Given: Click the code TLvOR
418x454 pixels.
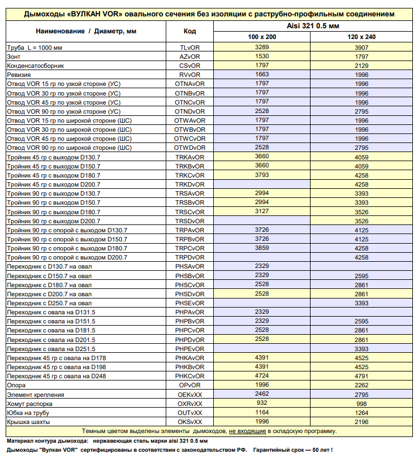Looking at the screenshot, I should tap(190, 47).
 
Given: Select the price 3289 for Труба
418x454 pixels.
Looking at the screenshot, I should tap(262, 47).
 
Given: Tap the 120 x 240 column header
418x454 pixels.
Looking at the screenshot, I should tap(361, 37).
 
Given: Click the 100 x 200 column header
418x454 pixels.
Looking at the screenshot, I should tap(262, 37).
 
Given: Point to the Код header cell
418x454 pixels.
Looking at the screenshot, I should tap(190, 31).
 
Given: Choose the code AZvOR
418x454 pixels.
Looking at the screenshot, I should tap(190, 57).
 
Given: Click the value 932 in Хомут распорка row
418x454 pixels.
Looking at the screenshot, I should tap(262, 403).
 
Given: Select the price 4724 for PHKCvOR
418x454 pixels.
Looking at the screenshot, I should tap(262, 376).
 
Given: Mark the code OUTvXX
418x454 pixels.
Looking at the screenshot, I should tap(190, 413).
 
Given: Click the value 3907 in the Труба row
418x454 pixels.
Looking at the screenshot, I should tap(361, 47).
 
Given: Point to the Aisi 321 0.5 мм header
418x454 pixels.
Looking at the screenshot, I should tap(312, 26).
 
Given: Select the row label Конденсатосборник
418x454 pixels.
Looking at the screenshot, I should tap(31, 66).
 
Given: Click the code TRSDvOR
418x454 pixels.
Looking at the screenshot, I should tap(190, 220).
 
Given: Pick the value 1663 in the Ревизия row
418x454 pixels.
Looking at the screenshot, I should tap(262, 75).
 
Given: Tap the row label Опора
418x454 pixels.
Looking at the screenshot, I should tap(16, 385).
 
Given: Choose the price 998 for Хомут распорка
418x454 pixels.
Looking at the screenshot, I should tap(361, 404).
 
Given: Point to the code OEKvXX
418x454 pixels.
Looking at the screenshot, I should tap(190, 394).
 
